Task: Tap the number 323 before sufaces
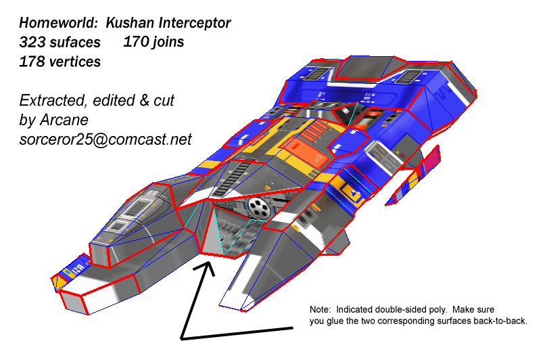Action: [31, 43]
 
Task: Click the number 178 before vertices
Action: [31, 62]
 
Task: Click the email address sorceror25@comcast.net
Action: [105, 140]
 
